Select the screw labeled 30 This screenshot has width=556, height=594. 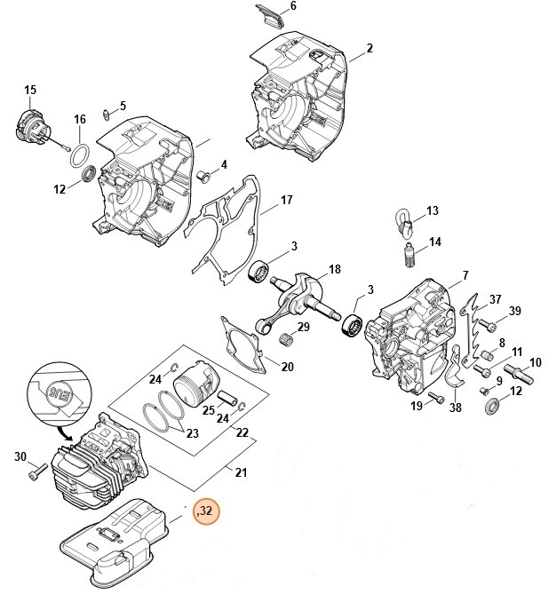click(x=37, y=474)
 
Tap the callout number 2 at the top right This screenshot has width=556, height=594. click(x=369, y=47)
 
